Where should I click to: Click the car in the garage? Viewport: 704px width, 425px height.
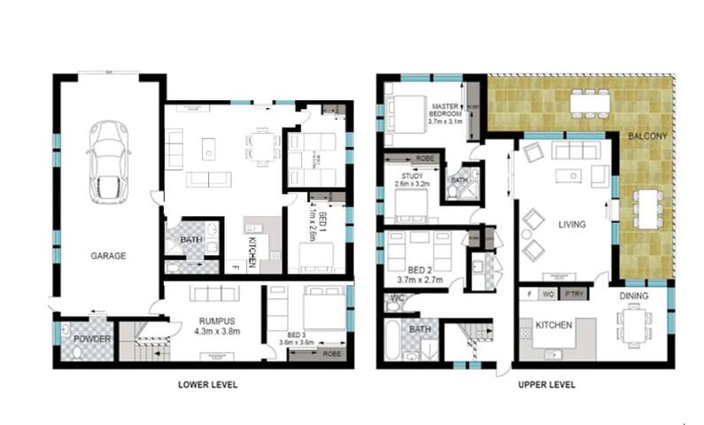pyautogui.click(x=109, y=160)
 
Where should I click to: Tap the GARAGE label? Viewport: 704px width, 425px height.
pyautogui.click(x=108, y=256)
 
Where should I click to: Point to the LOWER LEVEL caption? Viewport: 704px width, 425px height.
pyautogui.click(x=207, y=385)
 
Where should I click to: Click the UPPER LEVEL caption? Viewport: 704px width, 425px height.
pyautogui.click(x=546, y=385)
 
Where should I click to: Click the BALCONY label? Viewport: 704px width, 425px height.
pyautogui.click(x=642, y=136)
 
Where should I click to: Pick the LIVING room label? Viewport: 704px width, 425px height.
pyautogui.click(x=571, y=225)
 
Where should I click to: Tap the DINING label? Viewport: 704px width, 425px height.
pyautogui.click(x=633, y=296)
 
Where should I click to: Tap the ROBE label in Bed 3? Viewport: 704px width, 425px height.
pyautogui.click(x=331, y=352)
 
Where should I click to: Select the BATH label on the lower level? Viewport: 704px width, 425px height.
pyautogui.click(x=190, y=239)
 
